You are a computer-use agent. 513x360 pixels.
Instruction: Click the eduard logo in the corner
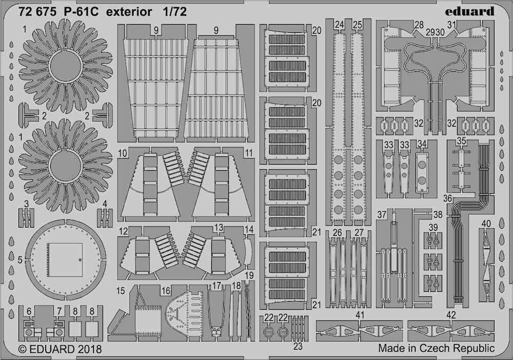tap(469, 11)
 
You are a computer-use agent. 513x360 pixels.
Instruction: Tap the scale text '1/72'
tap(175, 12)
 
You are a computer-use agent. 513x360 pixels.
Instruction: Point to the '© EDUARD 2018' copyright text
tap(60, 349)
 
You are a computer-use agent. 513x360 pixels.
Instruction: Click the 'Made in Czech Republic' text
tap(437, 348)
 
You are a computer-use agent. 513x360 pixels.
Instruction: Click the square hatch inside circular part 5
tap(65, 260)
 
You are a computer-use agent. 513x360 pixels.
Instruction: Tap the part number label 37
tap(382, 215)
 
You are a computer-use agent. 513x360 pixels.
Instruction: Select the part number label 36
tap(447, 198)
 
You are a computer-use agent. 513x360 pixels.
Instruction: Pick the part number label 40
tap(486, 224)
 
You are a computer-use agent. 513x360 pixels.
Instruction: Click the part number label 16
tap(166, 291)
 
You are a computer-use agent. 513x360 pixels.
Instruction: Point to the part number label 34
tap(422, 144)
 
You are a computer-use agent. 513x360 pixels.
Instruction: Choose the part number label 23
tap(298, 346)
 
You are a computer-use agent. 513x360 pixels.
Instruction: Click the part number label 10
tap(123, 153)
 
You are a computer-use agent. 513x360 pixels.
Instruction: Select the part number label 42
tap(451, 315)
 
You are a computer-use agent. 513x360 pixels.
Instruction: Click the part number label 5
tap(20, 260)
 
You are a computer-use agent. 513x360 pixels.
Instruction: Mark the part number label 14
tap(249, 229)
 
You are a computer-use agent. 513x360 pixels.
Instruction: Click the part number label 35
tap(462, 141)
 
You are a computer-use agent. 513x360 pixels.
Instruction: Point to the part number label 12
tap(123, 231)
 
